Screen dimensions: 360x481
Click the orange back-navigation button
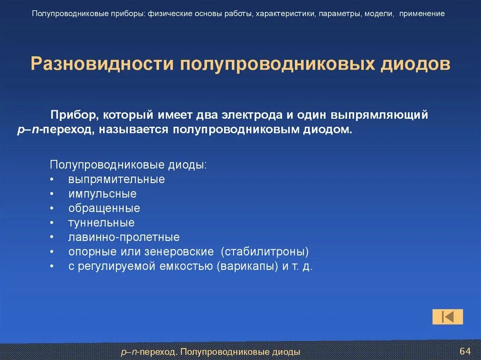click(x=448, y=317)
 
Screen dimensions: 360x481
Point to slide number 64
click(x=465, y=352)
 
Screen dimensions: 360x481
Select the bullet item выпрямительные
click(x=116, y=179)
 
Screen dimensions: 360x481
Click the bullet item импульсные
click(x=102, y=194)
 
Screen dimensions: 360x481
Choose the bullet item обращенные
click(x=104, y=208)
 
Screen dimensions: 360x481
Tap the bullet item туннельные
click(x=101, y=222)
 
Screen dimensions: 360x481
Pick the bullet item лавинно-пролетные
click(x=124, y=237)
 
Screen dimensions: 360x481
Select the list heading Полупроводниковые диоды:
click(x=128, y=165)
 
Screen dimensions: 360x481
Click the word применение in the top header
click(x=422, y=14)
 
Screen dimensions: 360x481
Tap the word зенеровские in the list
click(x=185, y=252)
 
